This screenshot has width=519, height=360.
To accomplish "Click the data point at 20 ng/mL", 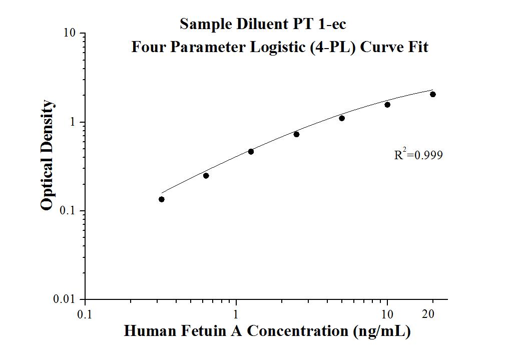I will pyautogui.click(x=433, y=94).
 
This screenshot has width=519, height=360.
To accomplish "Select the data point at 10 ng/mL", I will pyautogui.click(x=387, y=105).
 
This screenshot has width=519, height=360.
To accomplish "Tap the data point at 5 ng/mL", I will pyautogui.click(x=342, y=118).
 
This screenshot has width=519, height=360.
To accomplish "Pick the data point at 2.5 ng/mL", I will pyautogui.click(x=296, y=134).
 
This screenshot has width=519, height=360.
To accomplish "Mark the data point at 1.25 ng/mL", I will pyautogui.click(x=251, y=151).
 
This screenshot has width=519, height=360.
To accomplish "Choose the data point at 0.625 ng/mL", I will pyautogui.click(x=206, y=176).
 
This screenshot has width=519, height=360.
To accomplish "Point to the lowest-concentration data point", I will pyautogui.click(x=162, y=199).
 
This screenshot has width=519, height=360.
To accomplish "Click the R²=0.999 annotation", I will pyautogui.click(x=418, y=155).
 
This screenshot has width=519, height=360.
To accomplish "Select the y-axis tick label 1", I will pyautogui.click(x=73, y=122).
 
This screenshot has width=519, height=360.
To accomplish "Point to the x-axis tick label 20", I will pyautogui.click(x=428, y=314).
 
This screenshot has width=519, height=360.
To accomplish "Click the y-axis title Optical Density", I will pyautogui.click(x=47, y=155).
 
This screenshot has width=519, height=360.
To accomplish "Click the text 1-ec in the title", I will pyautogui.click(x=331, y=24).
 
